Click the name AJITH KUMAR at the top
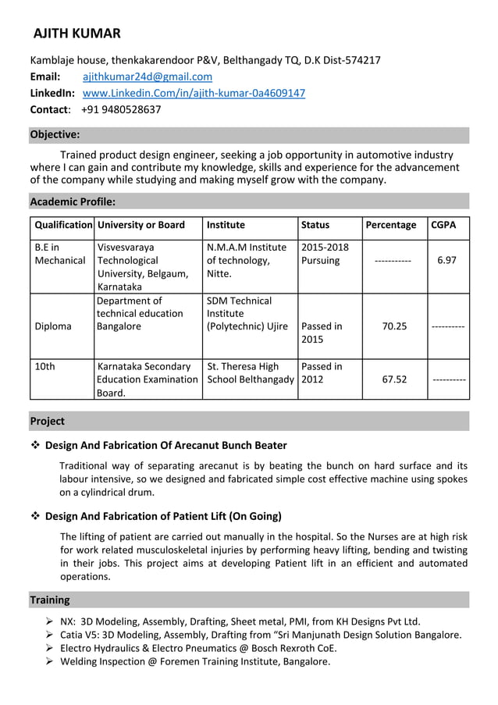76,33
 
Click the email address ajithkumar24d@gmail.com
148,77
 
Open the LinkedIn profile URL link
194,93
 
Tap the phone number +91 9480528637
121,109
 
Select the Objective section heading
55,134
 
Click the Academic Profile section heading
73,201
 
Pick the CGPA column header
444,225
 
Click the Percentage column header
391,225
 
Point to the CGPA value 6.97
446,260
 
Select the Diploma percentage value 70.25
394,326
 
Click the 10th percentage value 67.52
394,379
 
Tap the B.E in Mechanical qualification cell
60,254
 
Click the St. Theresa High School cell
250,373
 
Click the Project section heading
48,421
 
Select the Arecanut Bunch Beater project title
166,445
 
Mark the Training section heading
50,600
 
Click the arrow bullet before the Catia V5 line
49,635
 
